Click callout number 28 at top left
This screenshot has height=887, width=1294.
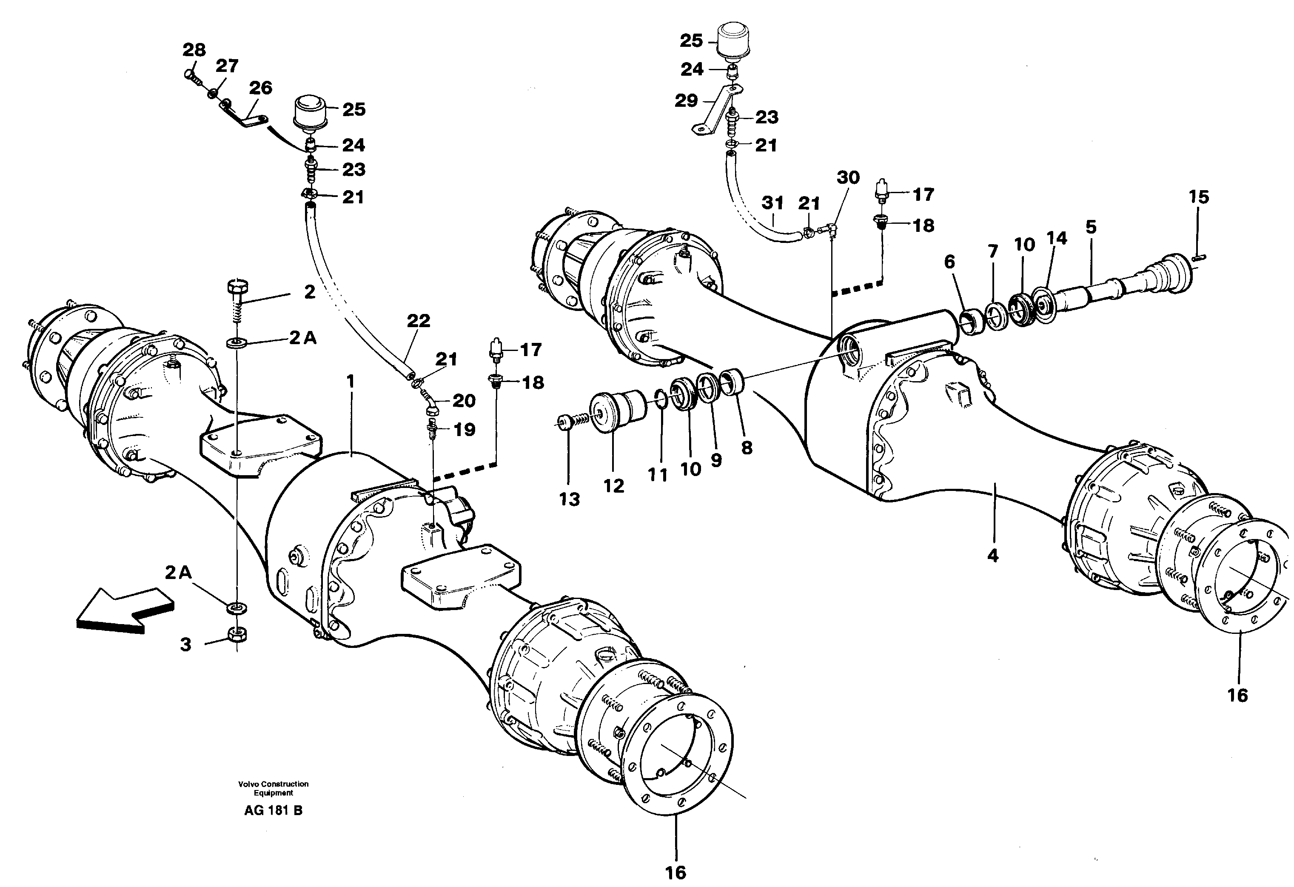coord(194,50)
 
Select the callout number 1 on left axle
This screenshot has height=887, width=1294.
coord(350,382)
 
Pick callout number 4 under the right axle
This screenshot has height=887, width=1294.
coord(992,555)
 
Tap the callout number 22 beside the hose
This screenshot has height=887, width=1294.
coord(418,321)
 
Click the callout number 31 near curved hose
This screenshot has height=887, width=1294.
coord(772,203)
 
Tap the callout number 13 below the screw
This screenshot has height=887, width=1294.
coord(569,499)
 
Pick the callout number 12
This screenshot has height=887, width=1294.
coord(613,486)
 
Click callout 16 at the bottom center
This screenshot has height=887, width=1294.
coord(676,872)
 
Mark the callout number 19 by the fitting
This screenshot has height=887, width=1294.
coord(465,429)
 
